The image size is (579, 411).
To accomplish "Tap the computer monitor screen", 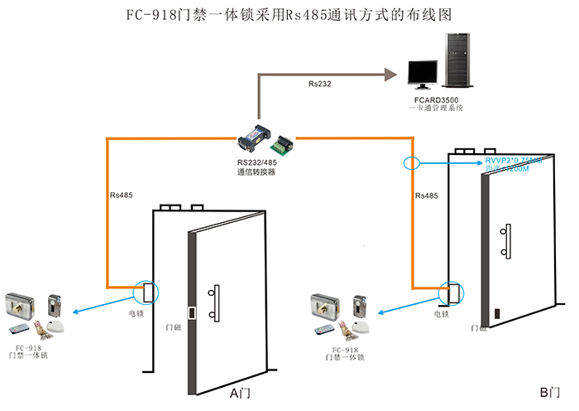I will [x=424, y=71].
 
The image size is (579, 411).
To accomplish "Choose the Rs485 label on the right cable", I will [x=426, y=196].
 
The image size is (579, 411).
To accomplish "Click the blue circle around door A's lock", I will [x=149, y=293].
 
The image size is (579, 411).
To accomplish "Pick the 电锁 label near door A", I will [x=137, y=315].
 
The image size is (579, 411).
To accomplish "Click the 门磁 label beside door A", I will [x=174, y=329].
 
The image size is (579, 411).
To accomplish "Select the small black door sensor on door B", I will [x=497, y=314].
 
